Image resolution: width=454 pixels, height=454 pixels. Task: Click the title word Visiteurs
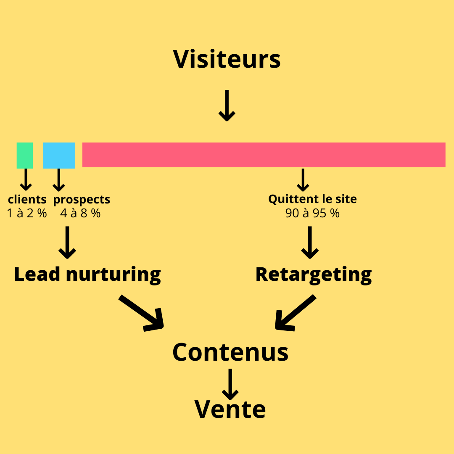227,59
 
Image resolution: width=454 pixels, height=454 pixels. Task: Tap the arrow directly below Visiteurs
227,105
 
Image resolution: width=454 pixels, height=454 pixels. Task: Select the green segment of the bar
25,155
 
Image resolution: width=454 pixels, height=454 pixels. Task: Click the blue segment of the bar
59,155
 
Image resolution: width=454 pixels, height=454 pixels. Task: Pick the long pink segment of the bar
264,155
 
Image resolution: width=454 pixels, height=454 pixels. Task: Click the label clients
27,199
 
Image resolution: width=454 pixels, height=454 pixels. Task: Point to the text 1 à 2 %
27,213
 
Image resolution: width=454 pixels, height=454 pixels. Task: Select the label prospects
82,199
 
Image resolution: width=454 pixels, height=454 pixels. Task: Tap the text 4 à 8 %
80,213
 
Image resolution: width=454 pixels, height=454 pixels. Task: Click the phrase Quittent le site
312,199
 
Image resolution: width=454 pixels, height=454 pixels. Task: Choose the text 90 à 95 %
312,213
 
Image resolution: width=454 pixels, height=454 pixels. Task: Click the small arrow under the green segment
26,179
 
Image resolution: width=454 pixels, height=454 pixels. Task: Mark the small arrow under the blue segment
59,179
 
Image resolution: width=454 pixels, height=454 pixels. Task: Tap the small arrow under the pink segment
303,179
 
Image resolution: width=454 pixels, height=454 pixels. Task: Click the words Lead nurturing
87,275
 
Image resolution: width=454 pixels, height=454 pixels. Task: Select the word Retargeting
314,275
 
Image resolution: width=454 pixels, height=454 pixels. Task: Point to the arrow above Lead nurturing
67,243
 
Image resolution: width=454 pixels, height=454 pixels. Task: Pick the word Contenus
230,352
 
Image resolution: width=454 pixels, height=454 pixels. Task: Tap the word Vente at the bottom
230,409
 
